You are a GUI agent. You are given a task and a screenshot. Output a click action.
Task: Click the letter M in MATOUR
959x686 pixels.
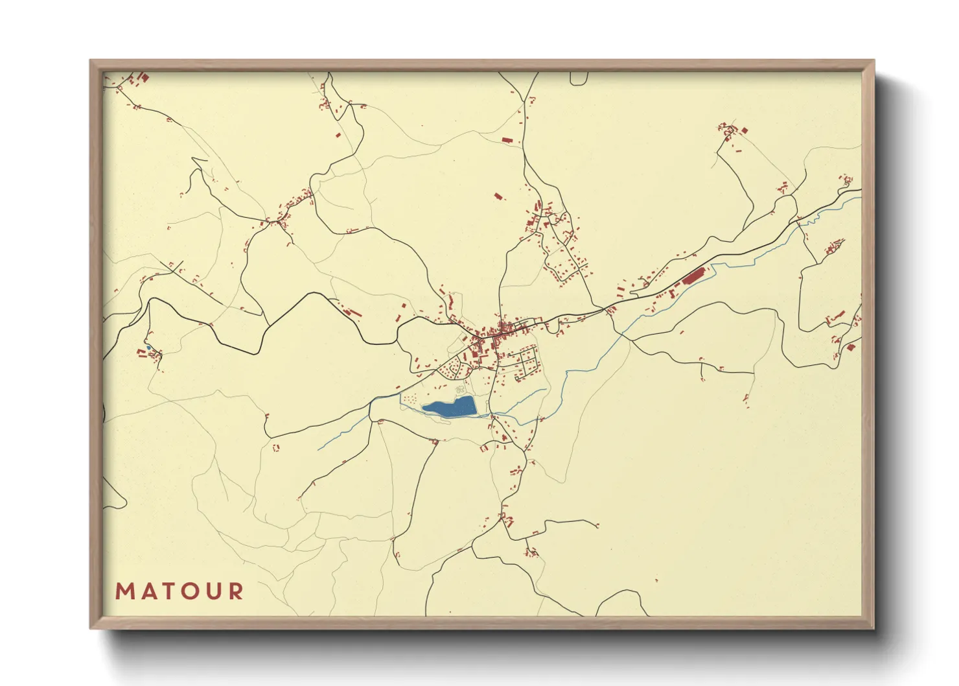coord(124,591)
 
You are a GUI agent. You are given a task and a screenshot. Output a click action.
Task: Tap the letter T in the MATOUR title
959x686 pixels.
coord(169,591)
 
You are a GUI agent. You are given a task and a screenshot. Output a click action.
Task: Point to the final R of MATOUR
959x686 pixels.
coord(237,591)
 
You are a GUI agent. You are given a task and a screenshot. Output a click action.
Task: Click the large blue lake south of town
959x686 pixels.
coord(451,407)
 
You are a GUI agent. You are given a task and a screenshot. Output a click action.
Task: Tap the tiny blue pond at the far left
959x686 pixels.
coord(148,348)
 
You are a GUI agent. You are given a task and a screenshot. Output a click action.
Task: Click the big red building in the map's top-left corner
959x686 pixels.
coord(145,78)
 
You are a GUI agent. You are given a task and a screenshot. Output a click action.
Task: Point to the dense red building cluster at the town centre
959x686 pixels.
coord(492,334)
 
